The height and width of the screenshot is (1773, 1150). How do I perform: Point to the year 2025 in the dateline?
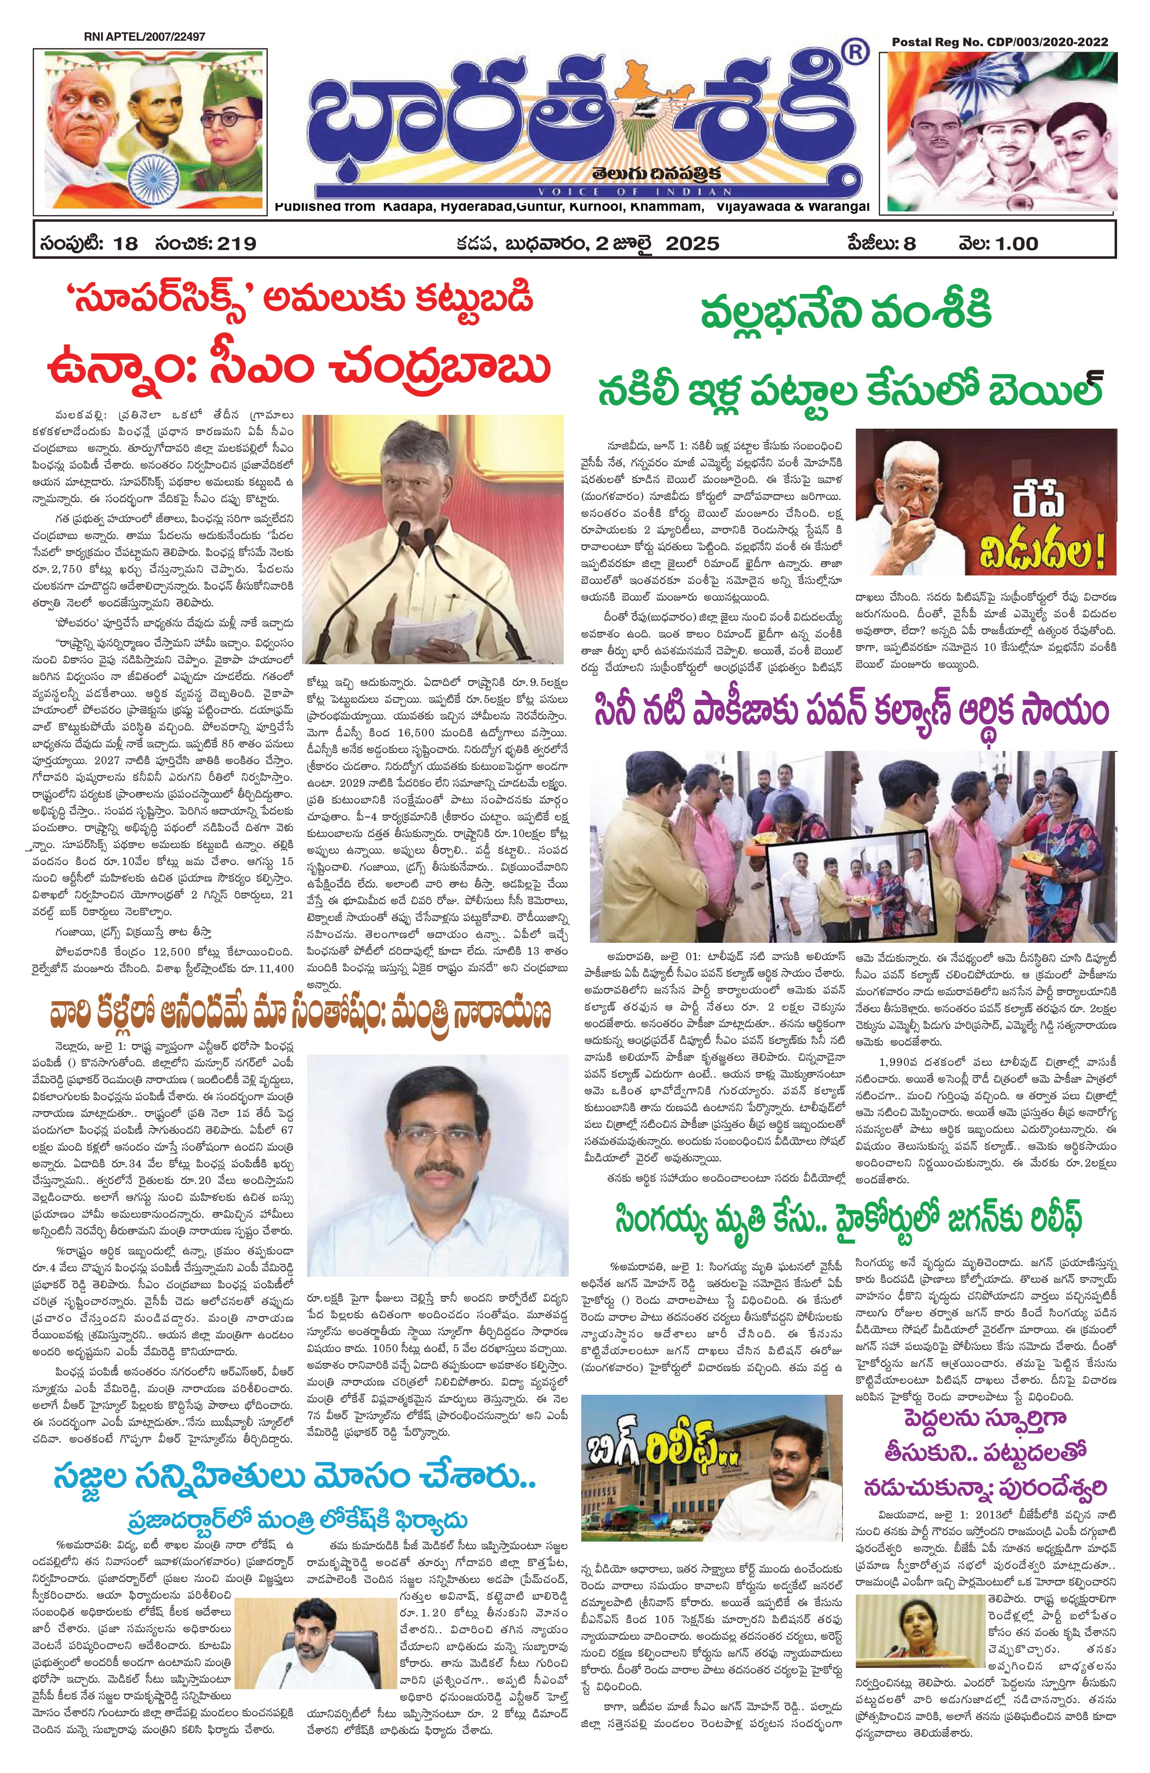tap(692, 244)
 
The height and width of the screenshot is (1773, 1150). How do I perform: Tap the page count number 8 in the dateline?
tap(909, 244)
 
